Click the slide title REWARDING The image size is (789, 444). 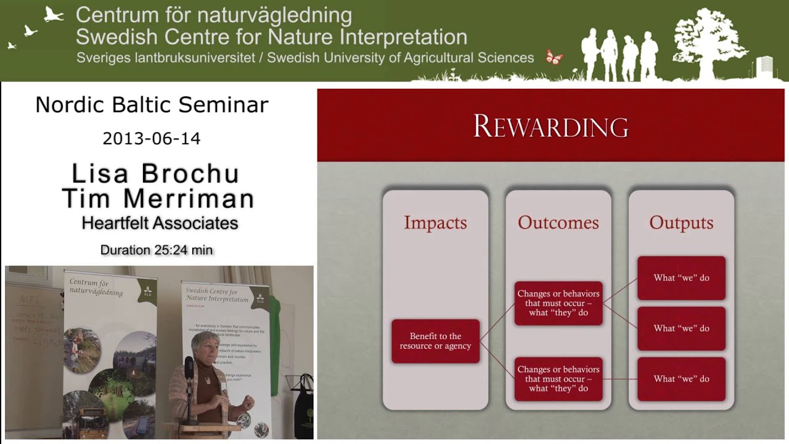coord(550,126)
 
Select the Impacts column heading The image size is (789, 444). coord(435,223)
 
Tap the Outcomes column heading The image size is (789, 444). coord(558,223)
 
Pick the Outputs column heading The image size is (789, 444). coord(681,223)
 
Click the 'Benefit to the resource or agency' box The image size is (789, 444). coord(435,341)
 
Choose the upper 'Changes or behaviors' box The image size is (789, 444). coord(558,303)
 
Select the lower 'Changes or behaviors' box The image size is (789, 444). coord(558,379)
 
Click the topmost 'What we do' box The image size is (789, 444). coord(681,278)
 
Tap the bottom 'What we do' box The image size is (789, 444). coord(681,379)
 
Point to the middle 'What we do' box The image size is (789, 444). coord(681,328)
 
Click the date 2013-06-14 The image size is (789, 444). coord(152,138)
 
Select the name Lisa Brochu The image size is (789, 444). coord(155,174)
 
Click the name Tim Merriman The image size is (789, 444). coord(158,199)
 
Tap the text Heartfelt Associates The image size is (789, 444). coord(160,223)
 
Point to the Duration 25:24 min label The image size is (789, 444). coord(157,250)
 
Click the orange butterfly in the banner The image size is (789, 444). coord(554,57)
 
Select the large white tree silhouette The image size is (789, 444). coord(709,40)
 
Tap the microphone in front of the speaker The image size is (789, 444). coord(189,368)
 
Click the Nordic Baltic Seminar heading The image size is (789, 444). coord(152,105)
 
